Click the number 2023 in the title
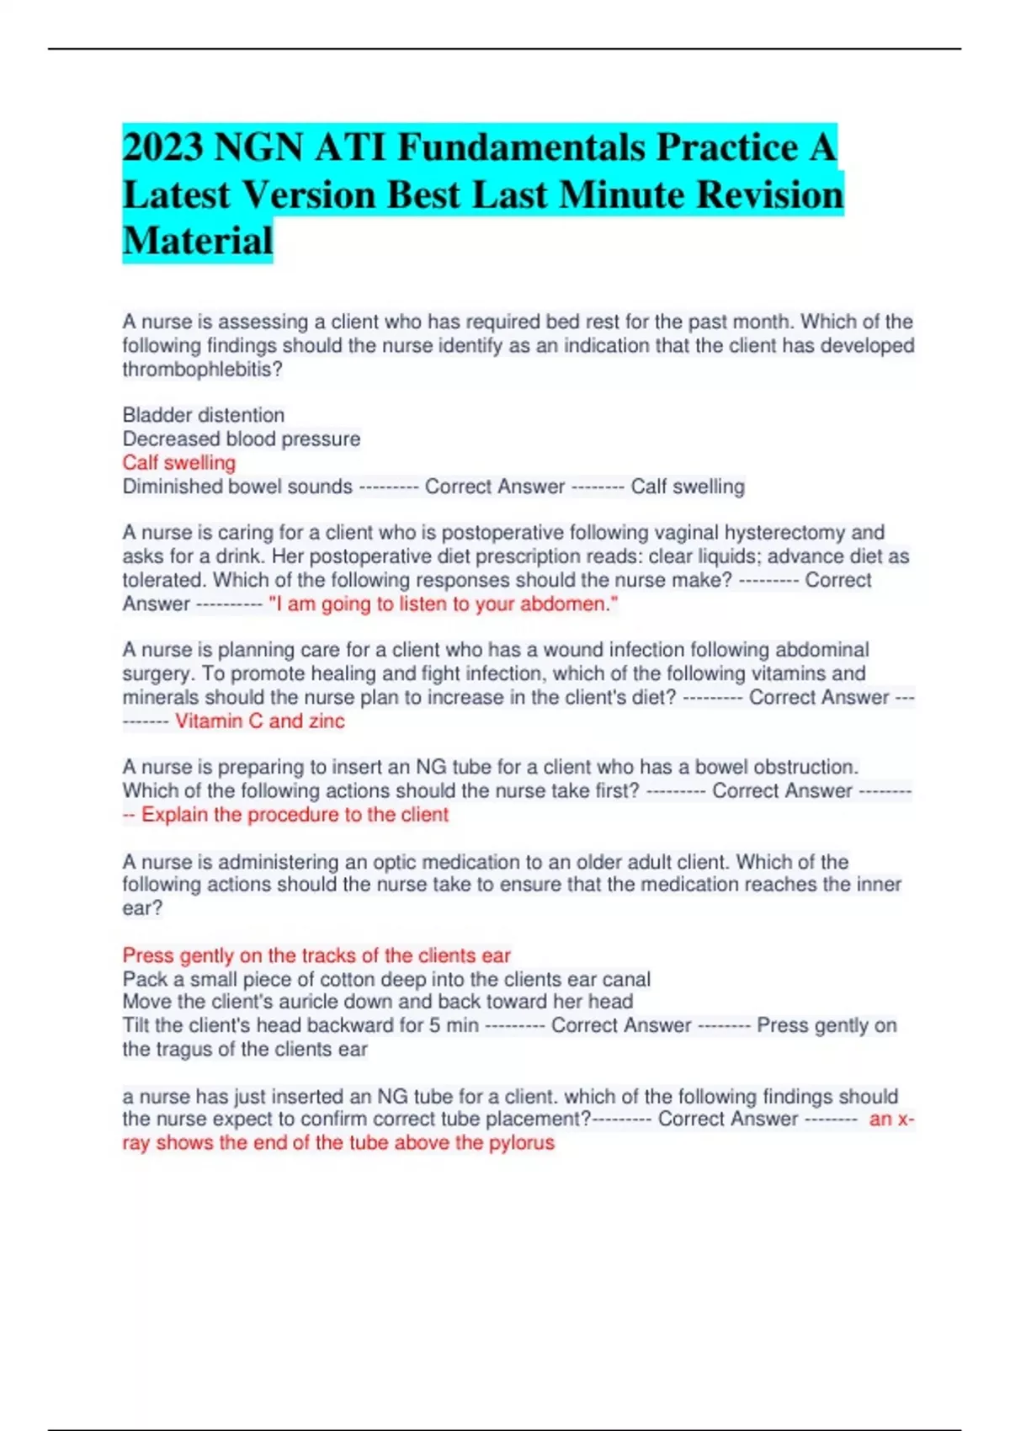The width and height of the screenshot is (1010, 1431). coord(162,148)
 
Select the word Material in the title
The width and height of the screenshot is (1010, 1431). coord(198,240)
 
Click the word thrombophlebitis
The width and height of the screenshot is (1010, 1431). coord(202,370)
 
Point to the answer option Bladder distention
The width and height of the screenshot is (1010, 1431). coord(203,415)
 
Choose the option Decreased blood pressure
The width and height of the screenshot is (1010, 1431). coord(241,439)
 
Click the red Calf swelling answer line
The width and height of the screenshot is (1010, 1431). coord(178,462)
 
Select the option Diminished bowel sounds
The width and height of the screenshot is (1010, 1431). coord(237,487)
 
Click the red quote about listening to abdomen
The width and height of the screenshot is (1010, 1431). coord(443,604)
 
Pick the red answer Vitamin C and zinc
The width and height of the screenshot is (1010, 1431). coord(259,721)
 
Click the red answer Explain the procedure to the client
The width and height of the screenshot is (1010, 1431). coord(295,815)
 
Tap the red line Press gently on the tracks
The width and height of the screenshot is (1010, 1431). coord(316,955)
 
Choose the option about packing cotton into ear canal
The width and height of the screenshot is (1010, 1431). coord(386,979)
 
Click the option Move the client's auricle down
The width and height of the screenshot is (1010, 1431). coord(377,1002)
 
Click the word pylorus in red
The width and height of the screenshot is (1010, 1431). coord(523,1143)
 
